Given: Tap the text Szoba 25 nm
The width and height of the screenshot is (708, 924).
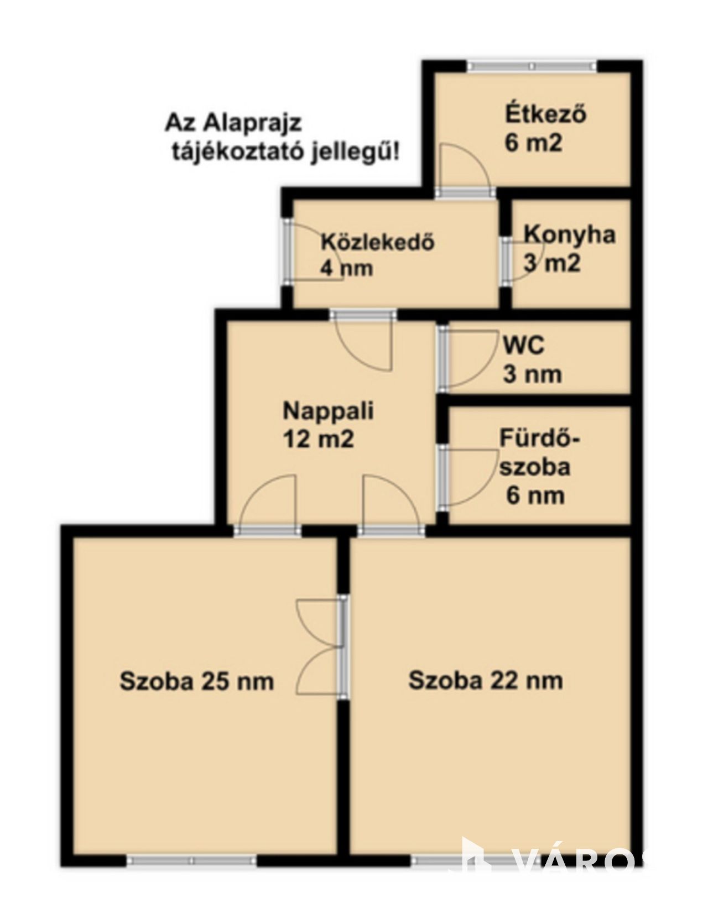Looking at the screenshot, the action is coord(197,681).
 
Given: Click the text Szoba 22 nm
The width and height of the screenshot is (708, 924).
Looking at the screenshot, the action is coord(486,680).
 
